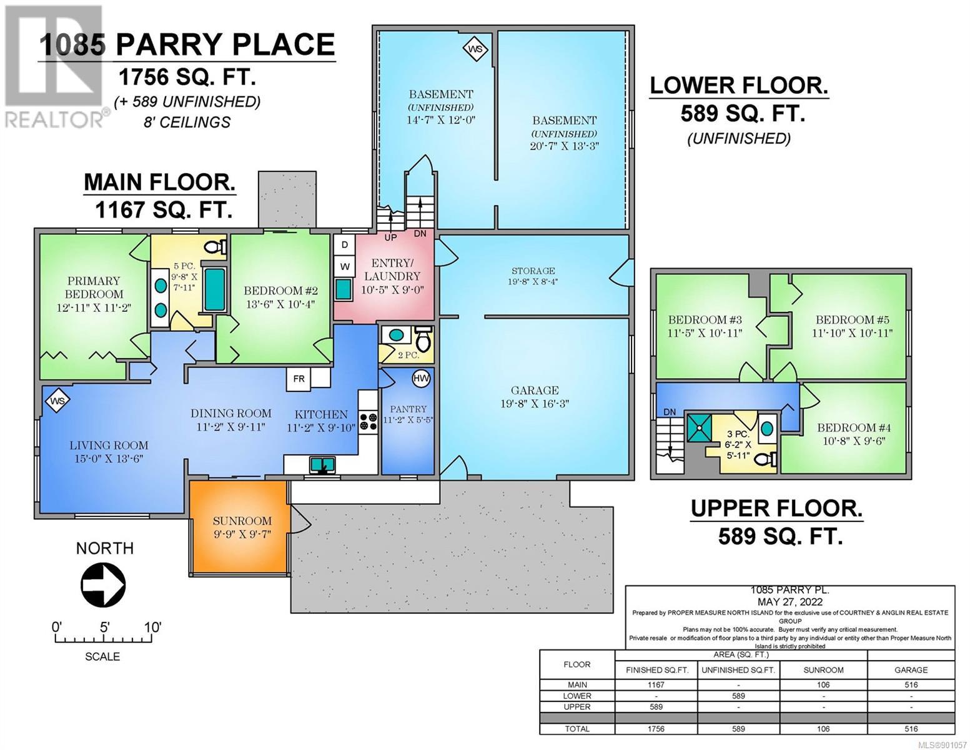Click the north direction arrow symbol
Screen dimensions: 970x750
click(x=102, y=585)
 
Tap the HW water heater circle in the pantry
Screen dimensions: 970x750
click(x=420, y=378)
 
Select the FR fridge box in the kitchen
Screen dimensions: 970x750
click(x=299, y=379)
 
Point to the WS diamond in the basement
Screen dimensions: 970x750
click(x=476, y=49)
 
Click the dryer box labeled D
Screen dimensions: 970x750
click(x=344, y=245)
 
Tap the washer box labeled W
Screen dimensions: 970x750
click(x=344, y=267)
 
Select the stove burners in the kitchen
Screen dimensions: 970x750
click(x=369, y=422)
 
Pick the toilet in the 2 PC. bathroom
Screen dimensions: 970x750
click(x=422, y=339)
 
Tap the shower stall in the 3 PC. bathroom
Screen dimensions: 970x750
click(x=698, y=427)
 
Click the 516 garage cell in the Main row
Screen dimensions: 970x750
click(x=911, y=685)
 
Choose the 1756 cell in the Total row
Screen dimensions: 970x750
click(x=656, y=729)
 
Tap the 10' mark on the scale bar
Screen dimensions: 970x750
click(x=152, y=627)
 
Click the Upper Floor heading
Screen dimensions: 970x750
click(x=777, y=508)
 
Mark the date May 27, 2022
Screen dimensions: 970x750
click(x=789, y=602)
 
